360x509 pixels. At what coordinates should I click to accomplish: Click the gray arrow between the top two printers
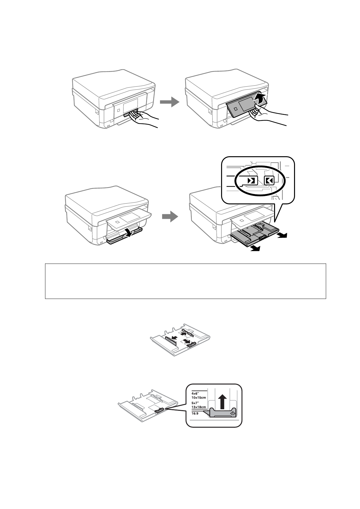tap(169, 102)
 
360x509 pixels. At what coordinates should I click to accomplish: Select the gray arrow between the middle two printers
tap(170, 216)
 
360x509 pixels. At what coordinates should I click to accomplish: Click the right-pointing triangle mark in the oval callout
tap(252, 181)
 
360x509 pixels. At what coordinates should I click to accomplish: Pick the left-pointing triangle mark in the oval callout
tap(269, 181)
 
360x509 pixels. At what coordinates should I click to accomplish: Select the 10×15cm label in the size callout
tap(199, 397)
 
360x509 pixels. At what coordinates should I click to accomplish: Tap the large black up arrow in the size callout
tap(223, 402)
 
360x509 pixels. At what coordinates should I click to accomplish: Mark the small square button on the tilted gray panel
tap(236, 108)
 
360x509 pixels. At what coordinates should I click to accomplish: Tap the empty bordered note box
tap(185, 281)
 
